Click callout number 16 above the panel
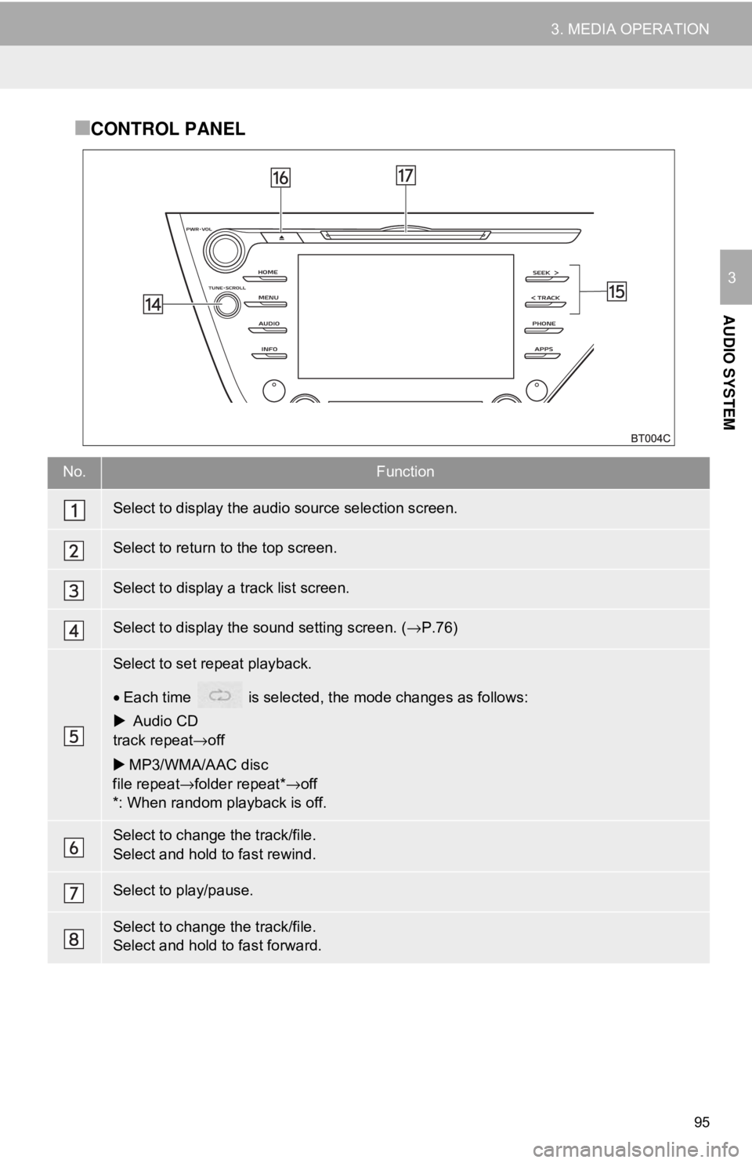[x=280, y=179]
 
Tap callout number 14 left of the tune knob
[x=154, y=304]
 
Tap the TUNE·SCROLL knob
[x=225, y=305]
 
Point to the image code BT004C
[x=651, y=438]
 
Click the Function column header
[x=405, y=472]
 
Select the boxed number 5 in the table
[x=73, y=736]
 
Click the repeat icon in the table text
[x=220, y=696]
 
